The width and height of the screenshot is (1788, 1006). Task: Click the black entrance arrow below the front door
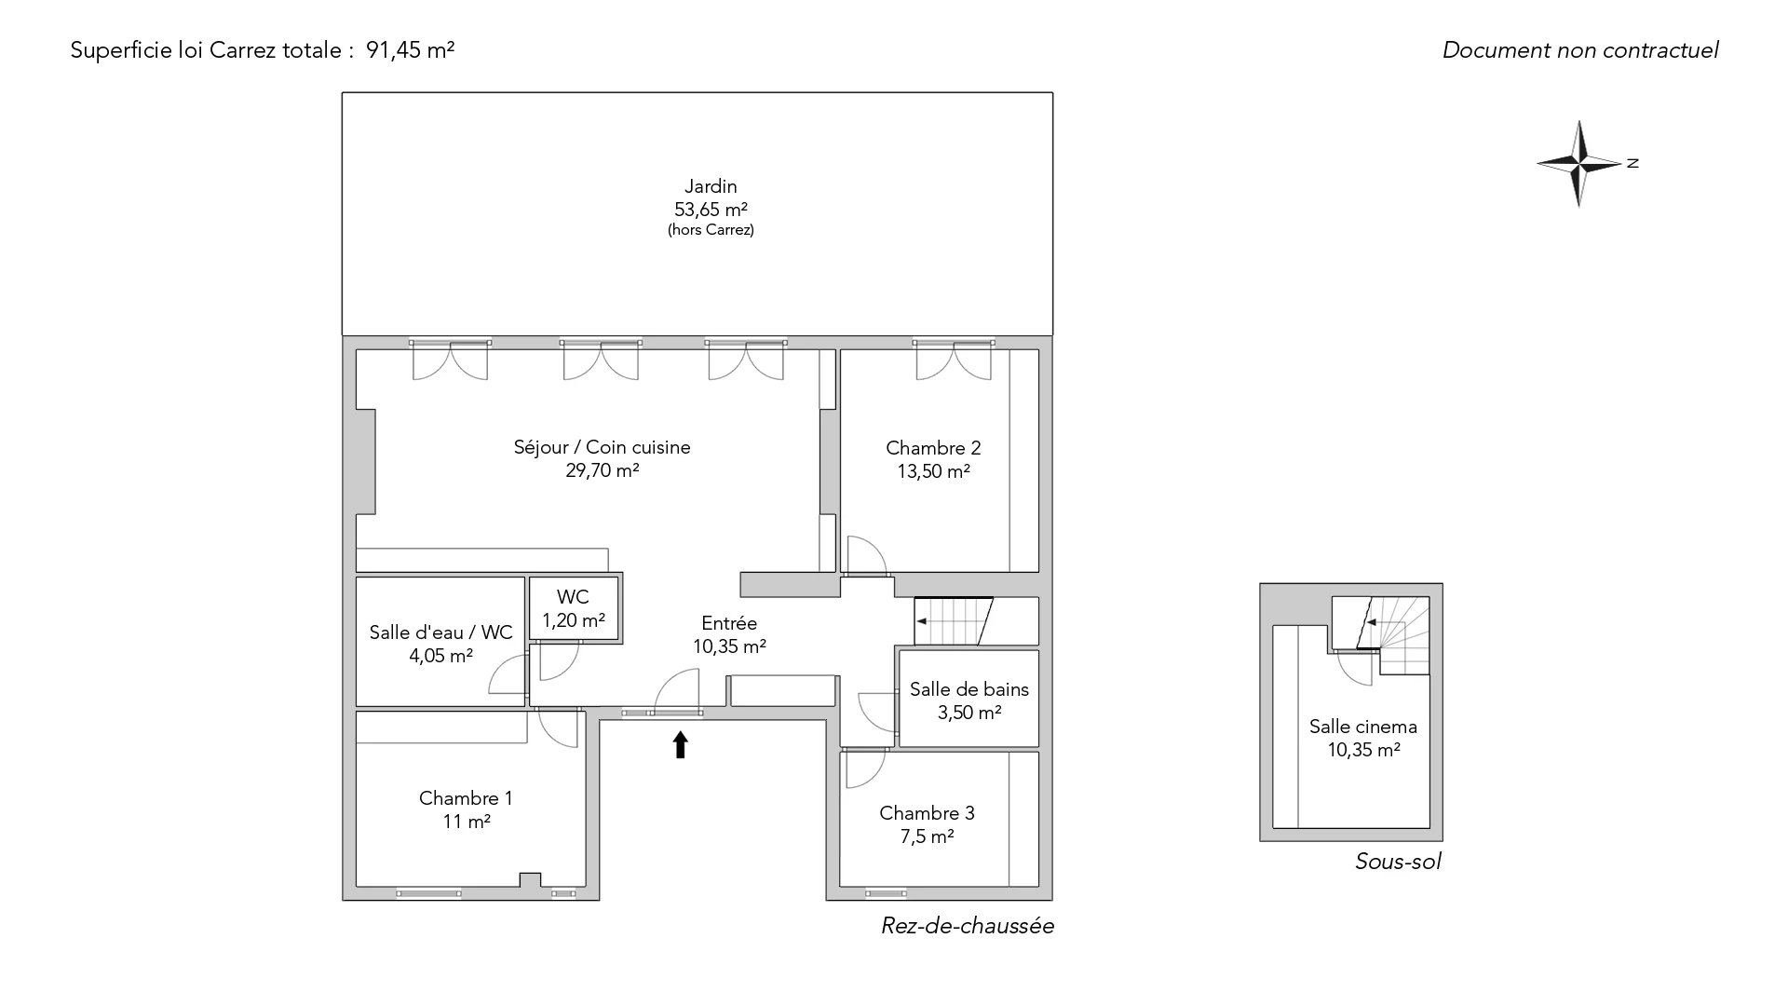tap(680, 744)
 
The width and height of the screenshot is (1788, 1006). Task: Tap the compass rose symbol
tap(1580, 164)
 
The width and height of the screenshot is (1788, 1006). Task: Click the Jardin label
tap(711, 186)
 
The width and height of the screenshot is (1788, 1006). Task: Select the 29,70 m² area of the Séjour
tap(602, 470)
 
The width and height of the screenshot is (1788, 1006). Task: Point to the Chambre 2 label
tap(933, 448)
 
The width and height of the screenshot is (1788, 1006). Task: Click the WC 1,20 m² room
tap(574, 609)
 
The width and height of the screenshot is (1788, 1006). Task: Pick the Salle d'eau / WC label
tap(440, 632)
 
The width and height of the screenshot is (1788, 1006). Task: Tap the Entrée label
tap(729, 623)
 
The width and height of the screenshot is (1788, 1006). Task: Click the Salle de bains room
tap(968, 699)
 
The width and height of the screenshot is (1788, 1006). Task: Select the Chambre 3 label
tap(927, 813)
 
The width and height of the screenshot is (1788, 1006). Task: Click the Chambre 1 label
tap(466, 798)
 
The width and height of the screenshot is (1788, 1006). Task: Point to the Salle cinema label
tap(1363, 727)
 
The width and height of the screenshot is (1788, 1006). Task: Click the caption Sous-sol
tap(1398, 862)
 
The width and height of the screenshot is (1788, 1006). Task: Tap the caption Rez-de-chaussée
tap(968, 926)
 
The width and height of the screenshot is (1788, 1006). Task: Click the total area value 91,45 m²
tap(410, 50)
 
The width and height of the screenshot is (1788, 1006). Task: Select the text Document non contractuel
tap(1580, 50)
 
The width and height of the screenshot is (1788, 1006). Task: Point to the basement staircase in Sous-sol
tap(1379, 636)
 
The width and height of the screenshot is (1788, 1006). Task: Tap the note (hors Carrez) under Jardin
tap(711, 230)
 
